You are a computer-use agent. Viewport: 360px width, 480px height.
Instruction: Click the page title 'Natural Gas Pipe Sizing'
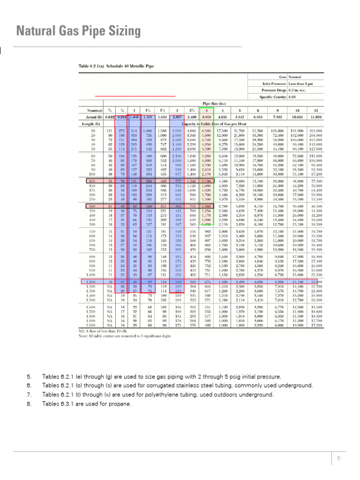click(x=78, y=31)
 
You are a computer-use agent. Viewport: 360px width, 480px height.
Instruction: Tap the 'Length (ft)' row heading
click(x=88, y=124)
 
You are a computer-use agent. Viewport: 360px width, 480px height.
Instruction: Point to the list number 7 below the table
click(x=29, y=395)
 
